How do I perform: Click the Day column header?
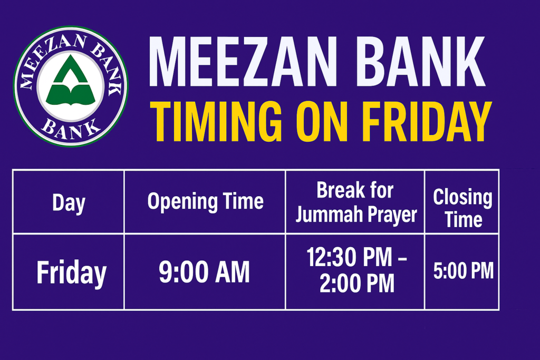click(x=69, y=202)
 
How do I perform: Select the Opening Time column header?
click(x=205, y=201)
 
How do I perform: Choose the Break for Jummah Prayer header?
click(x=355, y=202)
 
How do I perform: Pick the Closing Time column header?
click(x=462, y=208)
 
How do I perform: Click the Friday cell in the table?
click(x=71, y=273)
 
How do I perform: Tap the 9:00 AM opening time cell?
click(x=205, y=273)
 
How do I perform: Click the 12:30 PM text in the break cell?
click(x=350, y=258)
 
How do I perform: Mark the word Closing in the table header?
click(x=462, y=198)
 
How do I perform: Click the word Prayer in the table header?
click(x=391, y=215)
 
